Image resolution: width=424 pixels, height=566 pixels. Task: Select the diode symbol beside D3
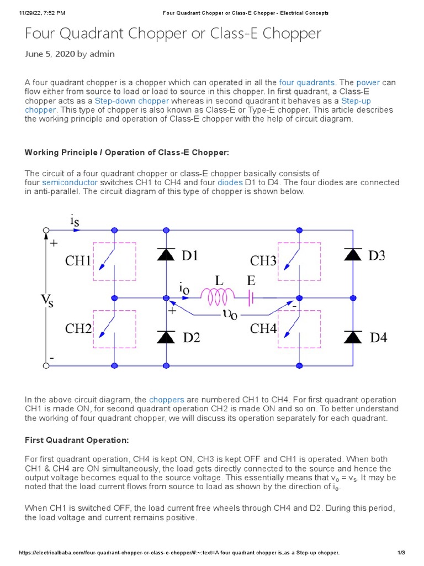tap(353, 254)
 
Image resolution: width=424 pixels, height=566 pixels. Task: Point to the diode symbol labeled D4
tap(353, 336)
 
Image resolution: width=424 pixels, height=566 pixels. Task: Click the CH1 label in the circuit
tap(78, 260)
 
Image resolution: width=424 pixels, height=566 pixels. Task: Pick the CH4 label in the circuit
tap(263, 328)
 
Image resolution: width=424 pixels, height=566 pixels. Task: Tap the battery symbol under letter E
tap(251, 298)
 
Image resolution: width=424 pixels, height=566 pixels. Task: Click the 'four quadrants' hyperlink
tap(307, 82)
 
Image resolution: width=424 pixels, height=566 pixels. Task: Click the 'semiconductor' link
tap(70, 182)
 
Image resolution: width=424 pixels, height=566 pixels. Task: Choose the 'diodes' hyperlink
tap(230, 182)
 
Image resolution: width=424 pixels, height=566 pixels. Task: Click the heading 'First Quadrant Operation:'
tap(77, 440)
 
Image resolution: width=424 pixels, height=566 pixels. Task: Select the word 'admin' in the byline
tap(103, 54)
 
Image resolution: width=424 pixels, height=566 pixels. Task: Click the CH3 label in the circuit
tap(263, 260)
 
